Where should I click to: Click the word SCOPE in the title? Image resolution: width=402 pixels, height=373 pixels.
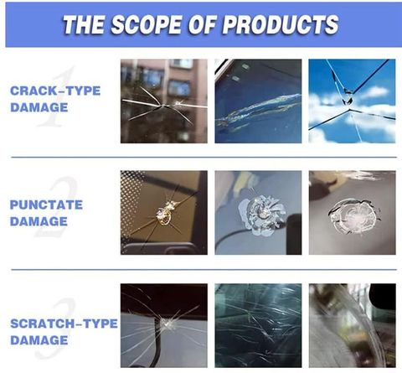pos(146,24)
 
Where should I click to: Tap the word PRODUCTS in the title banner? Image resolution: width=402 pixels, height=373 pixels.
pos(281,24)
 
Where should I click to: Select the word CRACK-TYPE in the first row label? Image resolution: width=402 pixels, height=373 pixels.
pos(55,91)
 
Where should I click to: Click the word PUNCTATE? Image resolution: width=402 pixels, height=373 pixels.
pos(46,205)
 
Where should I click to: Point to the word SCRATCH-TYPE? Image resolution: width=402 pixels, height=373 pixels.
pos(64,324)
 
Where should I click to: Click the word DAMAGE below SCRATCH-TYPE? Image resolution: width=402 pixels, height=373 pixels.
pos(39,340)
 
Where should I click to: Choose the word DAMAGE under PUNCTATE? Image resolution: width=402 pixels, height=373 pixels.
pos(39,221)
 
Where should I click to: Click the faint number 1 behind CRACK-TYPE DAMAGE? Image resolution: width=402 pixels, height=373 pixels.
pos(57,96)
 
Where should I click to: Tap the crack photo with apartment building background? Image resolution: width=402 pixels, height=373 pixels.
pos(164,101)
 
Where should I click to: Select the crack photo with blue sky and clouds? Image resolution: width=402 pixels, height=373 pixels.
pos(352,101)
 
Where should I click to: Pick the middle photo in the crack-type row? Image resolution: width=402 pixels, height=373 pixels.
pos(258,101)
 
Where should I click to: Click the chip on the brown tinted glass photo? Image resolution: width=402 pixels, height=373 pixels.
pos(164,213)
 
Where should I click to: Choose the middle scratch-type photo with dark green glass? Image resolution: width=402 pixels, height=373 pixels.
pos(258,325)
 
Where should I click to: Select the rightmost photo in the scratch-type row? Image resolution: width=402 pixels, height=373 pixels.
pos(353,325)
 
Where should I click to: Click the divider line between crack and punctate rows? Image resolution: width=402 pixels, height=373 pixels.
pos(204,158)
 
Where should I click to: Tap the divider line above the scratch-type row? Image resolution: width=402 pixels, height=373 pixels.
pos(204,270)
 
